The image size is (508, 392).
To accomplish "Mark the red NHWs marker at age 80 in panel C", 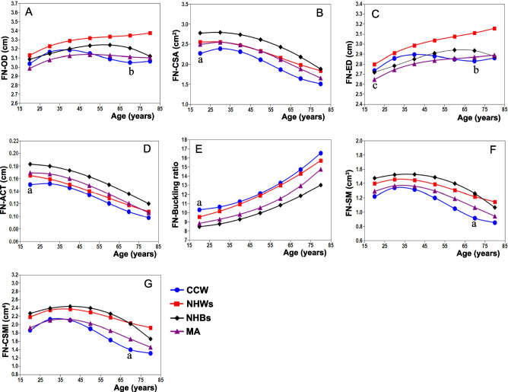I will pos(494,29).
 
